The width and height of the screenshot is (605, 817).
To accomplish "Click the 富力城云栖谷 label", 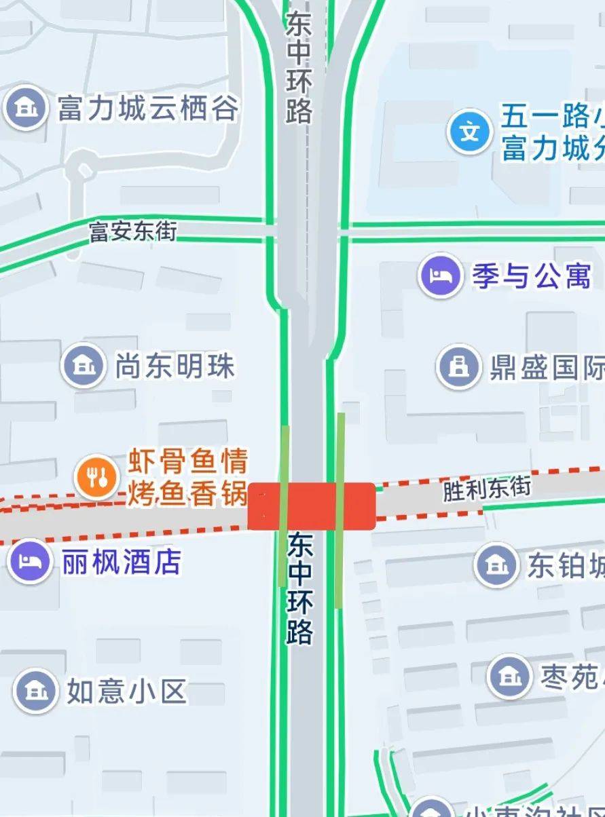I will coord(148,109).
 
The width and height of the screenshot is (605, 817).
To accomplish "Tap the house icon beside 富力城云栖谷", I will coord(26,107).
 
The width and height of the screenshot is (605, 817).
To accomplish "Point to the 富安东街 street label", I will coord(133,231).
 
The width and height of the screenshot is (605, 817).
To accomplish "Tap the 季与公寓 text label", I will coord(532,276).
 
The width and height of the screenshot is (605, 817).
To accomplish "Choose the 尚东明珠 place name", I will coord(175,366).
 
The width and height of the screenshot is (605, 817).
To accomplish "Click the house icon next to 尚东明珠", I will coord(84,366).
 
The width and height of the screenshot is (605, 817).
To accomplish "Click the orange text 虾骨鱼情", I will coord(188,463).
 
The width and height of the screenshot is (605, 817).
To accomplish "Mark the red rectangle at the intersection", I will coord(312,506).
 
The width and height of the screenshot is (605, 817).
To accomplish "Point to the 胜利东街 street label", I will coord(487,489).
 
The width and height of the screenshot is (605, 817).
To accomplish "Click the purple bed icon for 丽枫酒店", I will coord(31,561).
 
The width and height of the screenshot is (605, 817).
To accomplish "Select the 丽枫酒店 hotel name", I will coord(122,562).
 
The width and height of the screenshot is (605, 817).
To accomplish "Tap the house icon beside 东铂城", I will coord(496,565).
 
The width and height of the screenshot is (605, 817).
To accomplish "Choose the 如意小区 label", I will coord(126,691).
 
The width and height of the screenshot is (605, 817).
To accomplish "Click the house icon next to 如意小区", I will coord(35,691).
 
